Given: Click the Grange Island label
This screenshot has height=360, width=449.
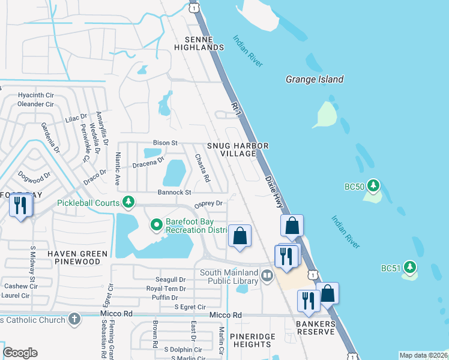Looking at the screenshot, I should [x=314, y=79].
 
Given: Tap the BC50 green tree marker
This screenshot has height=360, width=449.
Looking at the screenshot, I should [x=373, y=184].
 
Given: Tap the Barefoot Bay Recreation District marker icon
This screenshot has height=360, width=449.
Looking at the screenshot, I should [x=156, y=225].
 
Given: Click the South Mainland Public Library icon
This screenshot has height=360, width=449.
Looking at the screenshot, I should [x=267, y=276].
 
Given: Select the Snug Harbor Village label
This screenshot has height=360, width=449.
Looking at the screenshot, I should [x=237, y=149].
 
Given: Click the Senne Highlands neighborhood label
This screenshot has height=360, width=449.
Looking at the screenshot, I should [x=199, y=43].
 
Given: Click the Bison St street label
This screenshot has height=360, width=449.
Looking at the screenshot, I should [x=166, y=143].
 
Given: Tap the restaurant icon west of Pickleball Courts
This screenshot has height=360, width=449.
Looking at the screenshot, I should [x=22, y=206].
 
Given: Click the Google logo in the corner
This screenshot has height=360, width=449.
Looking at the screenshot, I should [x=20, y=353].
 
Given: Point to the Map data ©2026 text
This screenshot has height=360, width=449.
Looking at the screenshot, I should [x=423, y=355].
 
